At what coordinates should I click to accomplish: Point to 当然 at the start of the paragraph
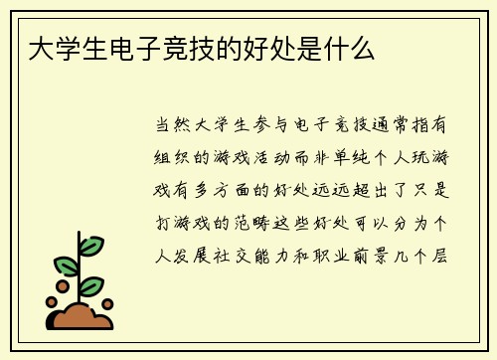click(x=171, y=126)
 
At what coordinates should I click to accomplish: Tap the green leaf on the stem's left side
click(x=66, y=266)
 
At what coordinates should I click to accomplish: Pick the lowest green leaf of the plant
click(x=91, y=285)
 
